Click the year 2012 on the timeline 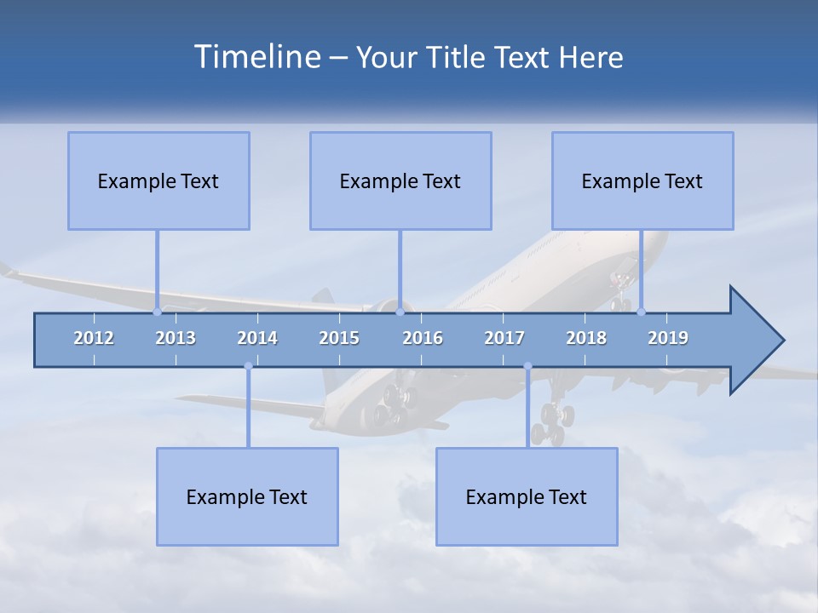(94, 338)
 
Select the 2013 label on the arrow (176, 338)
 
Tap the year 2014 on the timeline (257, 338)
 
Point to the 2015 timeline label (339, 338)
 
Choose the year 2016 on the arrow (423, 338)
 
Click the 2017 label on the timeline (504, 338)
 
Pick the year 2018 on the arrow (586, 338)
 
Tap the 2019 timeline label (668, 338)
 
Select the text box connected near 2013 (158, 180)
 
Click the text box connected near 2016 (400, 180)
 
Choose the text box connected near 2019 (642, 180)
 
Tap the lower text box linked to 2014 (247, 496)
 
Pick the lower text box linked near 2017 (527, 496)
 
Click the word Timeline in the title (256, 56)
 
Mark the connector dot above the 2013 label (157, 312)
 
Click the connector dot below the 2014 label (248, 366)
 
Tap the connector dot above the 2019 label (641, 312)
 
